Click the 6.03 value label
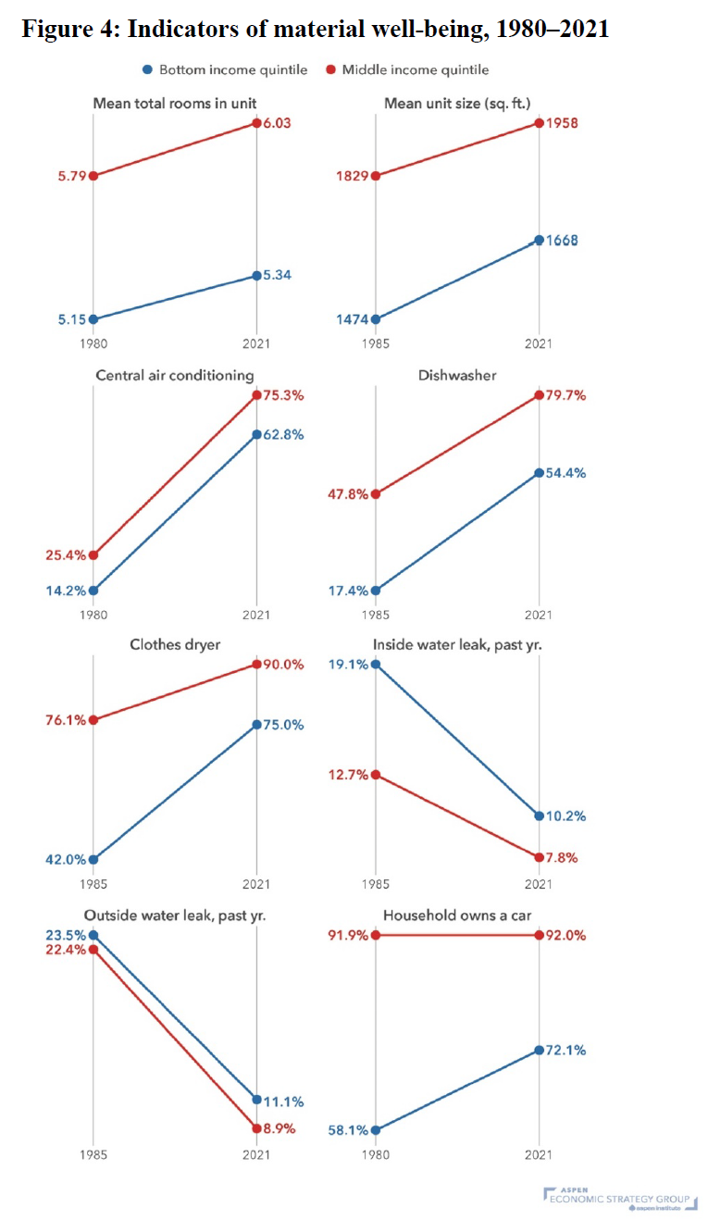pyautogui.click(x=278, y=123)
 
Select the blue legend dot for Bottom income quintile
pyautogui.click(x=147, y=69)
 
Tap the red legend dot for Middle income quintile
pyautogui.click(x=330, y=69)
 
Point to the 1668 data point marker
pyautogui.click(x=539, y=240)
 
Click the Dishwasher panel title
pyautogui.click(x=457, y=375)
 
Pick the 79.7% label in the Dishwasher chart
pyautogui.click(x=565, y=395)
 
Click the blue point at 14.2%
pyautogui.click(x=93, y=591)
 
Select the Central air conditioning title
pyautogui.click(x=175, y=375)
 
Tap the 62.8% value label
pyautogui.click(x=283, y=435)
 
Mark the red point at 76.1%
pyautogui.click(x=93, y=720)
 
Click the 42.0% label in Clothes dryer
pyautogui.click(x=66, y=859)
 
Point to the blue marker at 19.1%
pyautogui.click(x=375, y=665)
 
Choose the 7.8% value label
pyautogui.click(x=562, y=857)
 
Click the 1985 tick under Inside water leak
pyautogui.click(x=375, y=884)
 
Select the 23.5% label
pyautogui.click(x=66, y=935)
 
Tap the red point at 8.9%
pyautogui.click(x=256, y=1128)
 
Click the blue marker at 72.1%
pyautogui.click(x=539, y=1050)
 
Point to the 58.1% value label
pyautogui.click(x=348, y=1130)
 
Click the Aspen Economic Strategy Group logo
pyautogui.click(x=620, y=1198)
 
